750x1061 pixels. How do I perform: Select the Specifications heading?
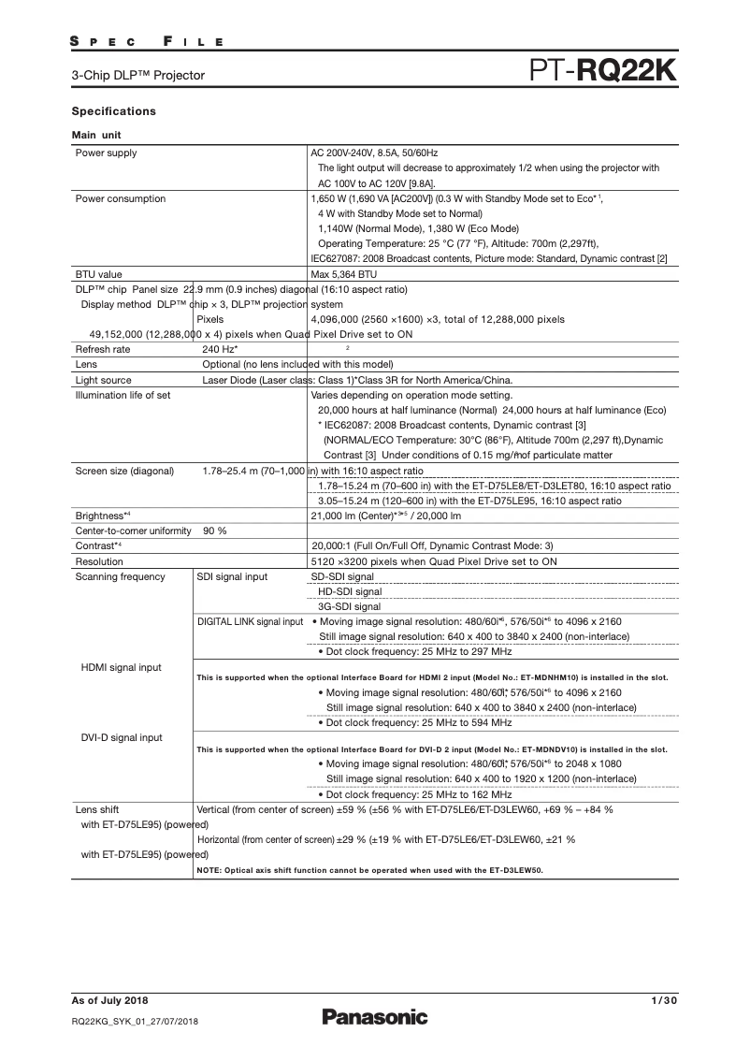point(114,111)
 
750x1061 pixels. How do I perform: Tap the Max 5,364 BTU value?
point(343,275)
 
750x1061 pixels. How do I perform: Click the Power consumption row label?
point(121,198)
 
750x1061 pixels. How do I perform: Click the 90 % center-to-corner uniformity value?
point(215,530)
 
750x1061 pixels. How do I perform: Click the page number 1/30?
point(662,1002)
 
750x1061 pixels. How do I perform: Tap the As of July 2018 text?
point(109,1002)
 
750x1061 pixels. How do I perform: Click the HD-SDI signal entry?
point(350,591)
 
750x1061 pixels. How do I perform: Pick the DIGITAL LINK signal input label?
point(251,621)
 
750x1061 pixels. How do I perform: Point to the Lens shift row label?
point(97,808)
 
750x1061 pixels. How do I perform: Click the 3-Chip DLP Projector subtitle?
point(138,75)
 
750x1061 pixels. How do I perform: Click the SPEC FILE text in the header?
point(147,42)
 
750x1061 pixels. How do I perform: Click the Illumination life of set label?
point(123,395)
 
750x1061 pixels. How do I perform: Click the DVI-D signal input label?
point(123,737)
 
